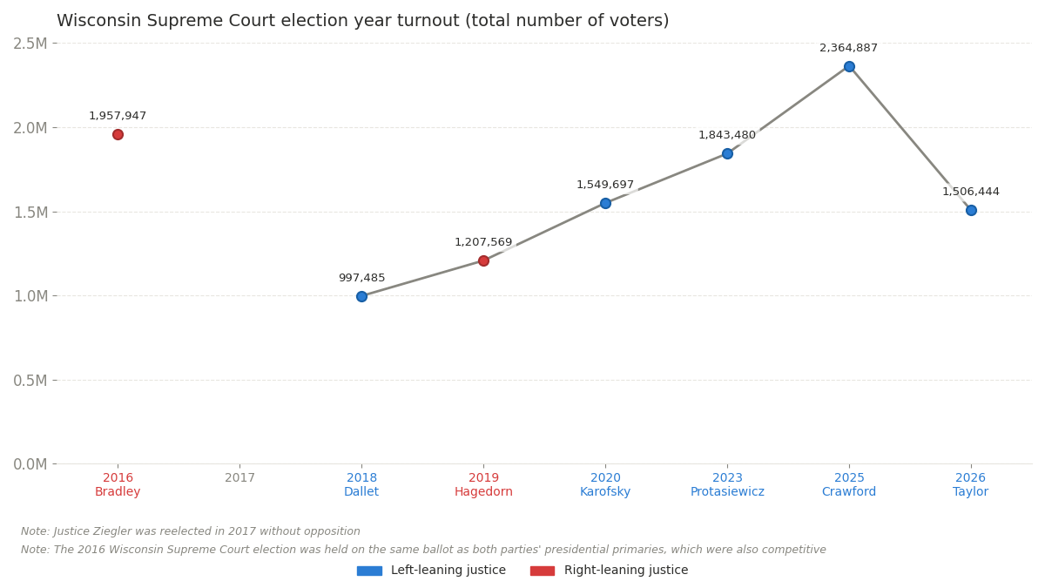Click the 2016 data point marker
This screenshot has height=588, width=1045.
coord(118,134)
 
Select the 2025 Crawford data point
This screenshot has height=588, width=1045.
coord(849,66)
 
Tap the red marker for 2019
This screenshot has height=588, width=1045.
coord(483,260)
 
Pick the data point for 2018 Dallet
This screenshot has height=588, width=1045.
coord(361,296)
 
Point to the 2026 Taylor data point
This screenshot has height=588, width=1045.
coord(971,210)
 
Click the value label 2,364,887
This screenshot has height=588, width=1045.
coord(848,48)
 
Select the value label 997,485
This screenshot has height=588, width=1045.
coord(361,278)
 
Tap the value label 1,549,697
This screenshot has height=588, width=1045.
coord(605,185)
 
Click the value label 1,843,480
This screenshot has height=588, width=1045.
coord(727,135)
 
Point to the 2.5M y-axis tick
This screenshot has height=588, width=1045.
coord(30,44)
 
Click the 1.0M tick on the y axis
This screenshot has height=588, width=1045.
coord(30,296)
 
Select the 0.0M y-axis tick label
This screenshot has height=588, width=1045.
coord(30,464)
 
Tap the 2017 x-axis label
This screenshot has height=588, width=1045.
coord(239,477)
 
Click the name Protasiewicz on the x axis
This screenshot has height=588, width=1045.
coord(727,492)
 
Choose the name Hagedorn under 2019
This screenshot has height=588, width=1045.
coord(483,492)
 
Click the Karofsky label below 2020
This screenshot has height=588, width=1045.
coord(605,492)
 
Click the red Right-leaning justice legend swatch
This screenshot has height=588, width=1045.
coord(542,571)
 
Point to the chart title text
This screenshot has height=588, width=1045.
coord(362,21)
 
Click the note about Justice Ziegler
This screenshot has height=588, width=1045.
coord(190,531)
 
